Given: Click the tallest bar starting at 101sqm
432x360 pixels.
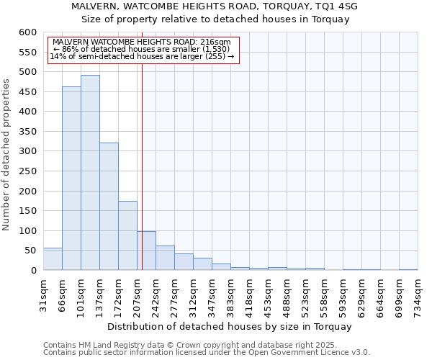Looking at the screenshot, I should tap(90, 173).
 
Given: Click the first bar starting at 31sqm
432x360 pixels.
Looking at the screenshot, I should tap(53, 259).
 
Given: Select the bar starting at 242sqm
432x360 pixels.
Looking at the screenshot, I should tap(165, 258).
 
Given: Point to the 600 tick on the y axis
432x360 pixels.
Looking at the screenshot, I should tap(27, 32).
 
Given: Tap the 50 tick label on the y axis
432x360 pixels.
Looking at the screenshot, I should tap(30, 251).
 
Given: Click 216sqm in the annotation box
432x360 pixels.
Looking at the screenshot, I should tap(214, 42).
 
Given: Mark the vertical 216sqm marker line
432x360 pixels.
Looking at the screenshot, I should tap(142, 180).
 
